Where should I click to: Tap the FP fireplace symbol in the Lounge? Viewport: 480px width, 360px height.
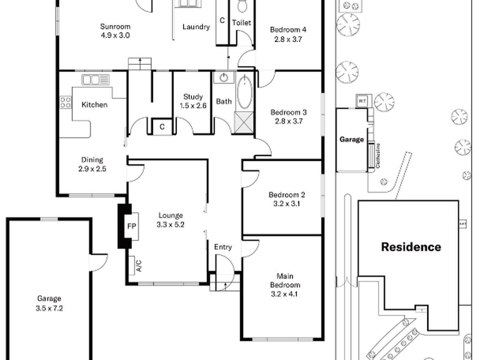click(131, 226)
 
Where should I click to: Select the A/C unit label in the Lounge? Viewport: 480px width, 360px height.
click(139, 265)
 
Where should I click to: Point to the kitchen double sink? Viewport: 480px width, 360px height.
click(92, 79)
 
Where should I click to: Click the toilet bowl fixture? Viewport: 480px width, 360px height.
click(242, 6)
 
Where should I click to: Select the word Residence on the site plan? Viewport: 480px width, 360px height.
click(411, 247)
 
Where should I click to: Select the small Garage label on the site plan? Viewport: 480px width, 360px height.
click(352, 139)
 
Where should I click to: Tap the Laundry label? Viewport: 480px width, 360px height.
click(196, 27)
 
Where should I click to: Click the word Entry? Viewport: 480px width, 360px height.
click(223, 247)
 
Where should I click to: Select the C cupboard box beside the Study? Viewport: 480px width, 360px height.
click(162, 127)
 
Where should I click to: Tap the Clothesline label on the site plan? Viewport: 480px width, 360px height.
click(382, 156)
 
